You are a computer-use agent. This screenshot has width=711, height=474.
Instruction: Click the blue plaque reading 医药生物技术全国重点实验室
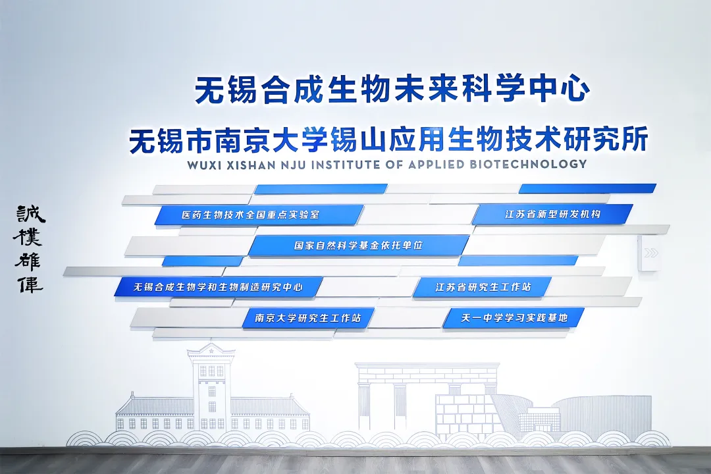tap(259, 215)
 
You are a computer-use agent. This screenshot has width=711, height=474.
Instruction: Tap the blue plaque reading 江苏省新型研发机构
tap(552, 214)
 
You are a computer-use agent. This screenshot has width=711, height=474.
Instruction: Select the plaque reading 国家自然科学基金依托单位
tap(359, 246)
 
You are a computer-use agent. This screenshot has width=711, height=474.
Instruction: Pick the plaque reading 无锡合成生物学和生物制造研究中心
tap(218, 287)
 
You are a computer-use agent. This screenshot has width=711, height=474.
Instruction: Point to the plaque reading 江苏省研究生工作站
tap(482, 287)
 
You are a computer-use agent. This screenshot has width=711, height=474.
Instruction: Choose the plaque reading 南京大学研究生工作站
tap(308, 318)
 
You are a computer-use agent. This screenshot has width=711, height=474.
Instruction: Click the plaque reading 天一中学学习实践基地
tap(513, 318)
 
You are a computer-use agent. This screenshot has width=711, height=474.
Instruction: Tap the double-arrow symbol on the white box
tap(650, 253)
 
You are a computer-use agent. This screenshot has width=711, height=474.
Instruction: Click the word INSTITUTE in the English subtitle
tap(346, 165)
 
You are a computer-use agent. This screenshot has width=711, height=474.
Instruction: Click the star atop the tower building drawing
tap(211, 350)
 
